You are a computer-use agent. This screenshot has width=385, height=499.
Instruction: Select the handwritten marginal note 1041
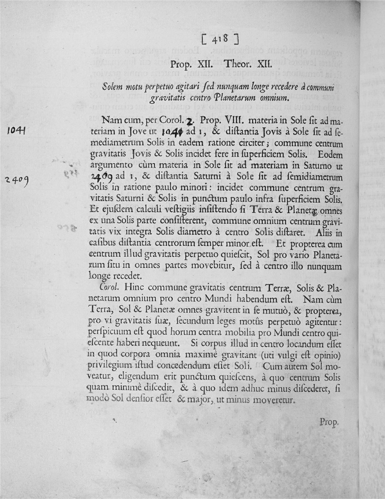click(14, 131)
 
